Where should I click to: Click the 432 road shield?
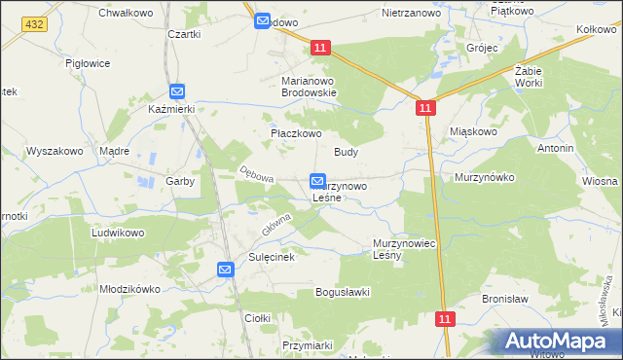pyautogui.click(x=35, y=23)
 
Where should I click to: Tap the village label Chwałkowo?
pyautogui.click(x=121, y=13)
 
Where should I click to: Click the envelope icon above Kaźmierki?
pyautogui.click(x=176, y=91)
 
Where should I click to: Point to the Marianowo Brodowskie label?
pyautogui.click(x=309, y=87)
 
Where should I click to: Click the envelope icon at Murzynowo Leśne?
pyautogui.click(x=317, y=181)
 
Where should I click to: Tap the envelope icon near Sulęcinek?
pyautogui.click(x=225, y=270)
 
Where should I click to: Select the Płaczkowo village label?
pyautogui.click(x=295, y=133)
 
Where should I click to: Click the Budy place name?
pyautogui.click(x=347, y=152)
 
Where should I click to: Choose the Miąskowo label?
pyautogui.click(x=474, y=130)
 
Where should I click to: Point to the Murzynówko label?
pyautogui.click(x=484, y=178)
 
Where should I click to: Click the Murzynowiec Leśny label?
pyautogui.click(x=402, y=249)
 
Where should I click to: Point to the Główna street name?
pyautogui.click(x=276, y=225)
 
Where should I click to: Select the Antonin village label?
pyautogui.click(x=555, y=148)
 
